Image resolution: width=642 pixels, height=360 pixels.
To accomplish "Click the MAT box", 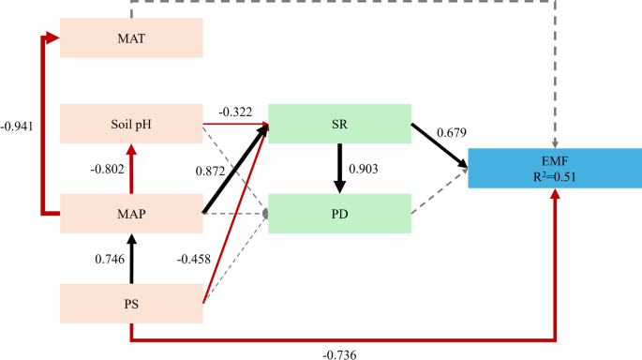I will click(131, 38).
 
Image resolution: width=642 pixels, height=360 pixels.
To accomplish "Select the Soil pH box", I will click(131, 124).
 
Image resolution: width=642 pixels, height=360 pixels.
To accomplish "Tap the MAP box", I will click(131, 214).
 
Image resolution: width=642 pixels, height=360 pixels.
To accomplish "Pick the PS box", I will click(131, 304).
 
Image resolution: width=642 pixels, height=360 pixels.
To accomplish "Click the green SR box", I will click(340, 124).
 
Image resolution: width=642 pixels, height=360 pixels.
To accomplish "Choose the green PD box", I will click(340, 214).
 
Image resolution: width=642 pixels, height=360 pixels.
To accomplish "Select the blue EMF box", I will click(556, 166).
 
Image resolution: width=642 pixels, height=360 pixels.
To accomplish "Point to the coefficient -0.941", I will click(20, 124).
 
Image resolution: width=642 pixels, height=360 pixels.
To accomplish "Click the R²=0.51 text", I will click(556, 175).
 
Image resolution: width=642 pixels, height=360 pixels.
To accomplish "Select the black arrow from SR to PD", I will click(339, 169).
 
